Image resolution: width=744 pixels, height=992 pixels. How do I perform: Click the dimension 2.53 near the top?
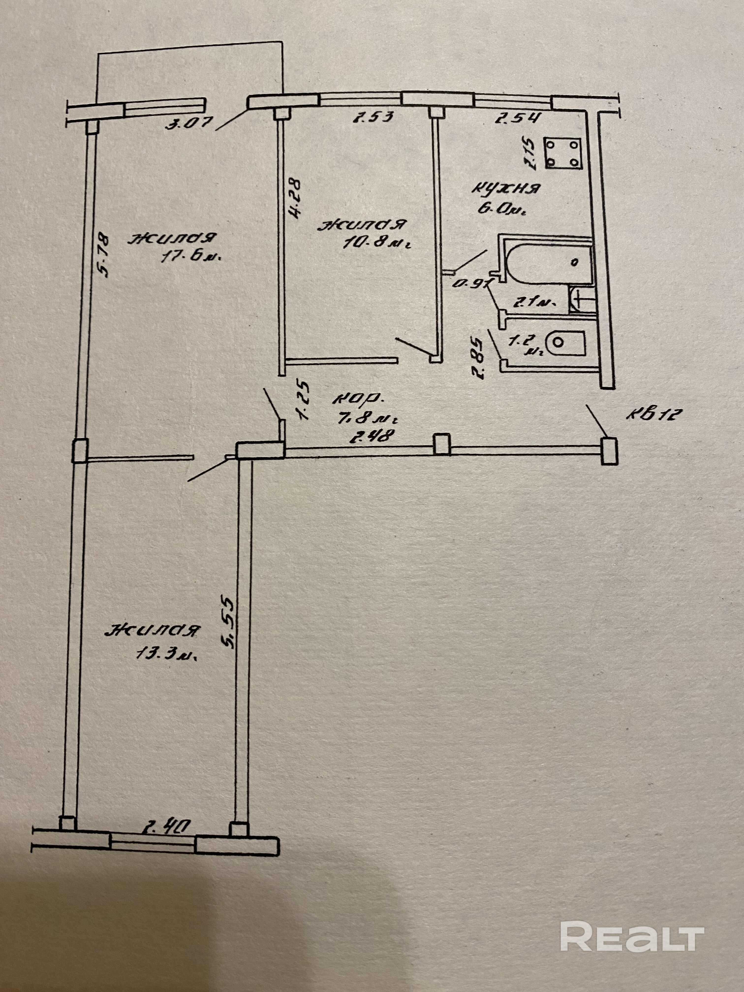point(373,118)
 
